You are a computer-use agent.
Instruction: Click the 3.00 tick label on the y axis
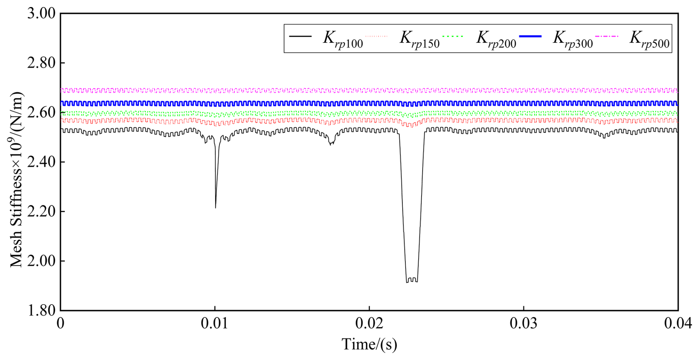[41, 14]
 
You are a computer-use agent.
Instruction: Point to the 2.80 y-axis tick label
[41, 63]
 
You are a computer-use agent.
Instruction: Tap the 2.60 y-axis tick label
[41, 113]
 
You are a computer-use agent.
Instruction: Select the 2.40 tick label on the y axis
[41, 162]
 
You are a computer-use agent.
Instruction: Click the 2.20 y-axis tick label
[41, 212]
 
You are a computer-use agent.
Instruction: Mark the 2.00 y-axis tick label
[41, 261]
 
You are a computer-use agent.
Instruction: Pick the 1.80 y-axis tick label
[41, 310]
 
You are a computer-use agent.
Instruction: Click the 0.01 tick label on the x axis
[215, 324]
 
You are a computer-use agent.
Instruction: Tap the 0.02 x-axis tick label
[369, 324]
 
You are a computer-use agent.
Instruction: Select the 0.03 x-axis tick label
[524, 324]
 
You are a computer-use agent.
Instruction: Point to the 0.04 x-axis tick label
[678, 324]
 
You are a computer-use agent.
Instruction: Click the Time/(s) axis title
[369, 344]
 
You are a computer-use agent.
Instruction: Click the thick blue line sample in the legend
[530, 36]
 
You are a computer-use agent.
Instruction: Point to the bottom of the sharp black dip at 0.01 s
[215, 207]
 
